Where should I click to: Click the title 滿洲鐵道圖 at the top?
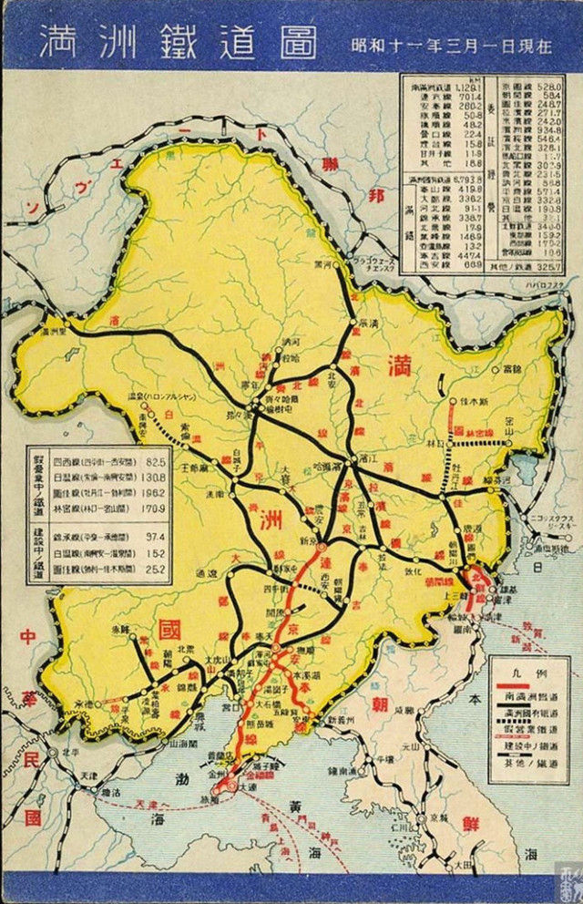pyautogui.click(x=178, y=41)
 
